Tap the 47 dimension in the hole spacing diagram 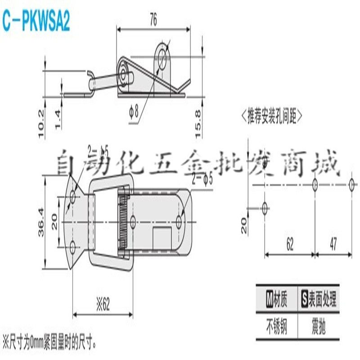333,244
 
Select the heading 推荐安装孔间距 272,116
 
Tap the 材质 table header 277,299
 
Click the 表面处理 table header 319,299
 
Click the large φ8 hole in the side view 162,54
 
